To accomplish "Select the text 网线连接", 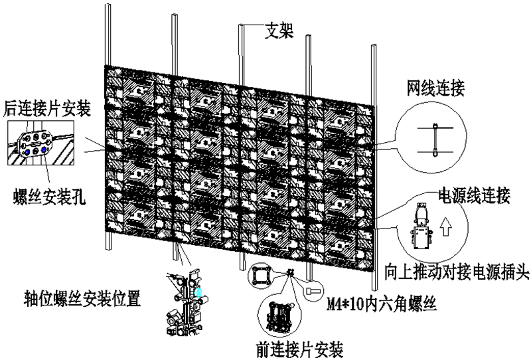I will click(x=434, y=86).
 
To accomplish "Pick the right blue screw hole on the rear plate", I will click(x=43, y=150).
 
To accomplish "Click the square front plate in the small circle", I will click(x=259, y=275).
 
